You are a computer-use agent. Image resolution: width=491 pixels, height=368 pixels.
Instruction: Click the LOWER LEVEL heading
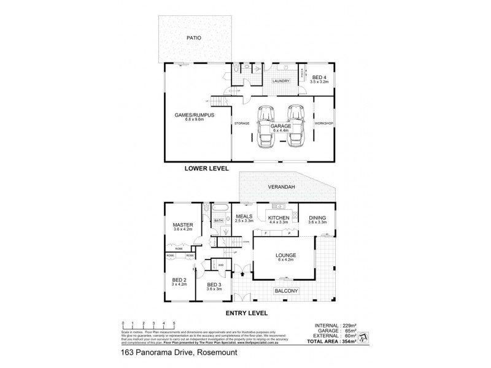click(x=207, y=167)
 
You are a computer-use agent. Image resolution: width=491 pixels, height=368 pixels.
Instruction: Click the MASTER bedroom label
click(x=182, y=224)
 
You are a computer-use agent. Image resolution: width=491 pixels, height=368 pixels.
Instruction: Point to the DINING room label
click(x=317, y=218)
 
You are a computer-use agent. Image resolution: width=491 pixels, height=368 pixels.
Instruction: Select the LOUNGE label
click(x=286, y=255)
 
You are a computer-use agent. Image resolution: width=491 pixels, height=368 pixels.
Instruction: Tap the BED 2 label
click(x=179, y=280)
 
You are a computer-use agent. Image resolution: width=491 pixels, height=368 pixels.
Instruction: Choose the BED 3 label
click(x=213, y=286)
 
